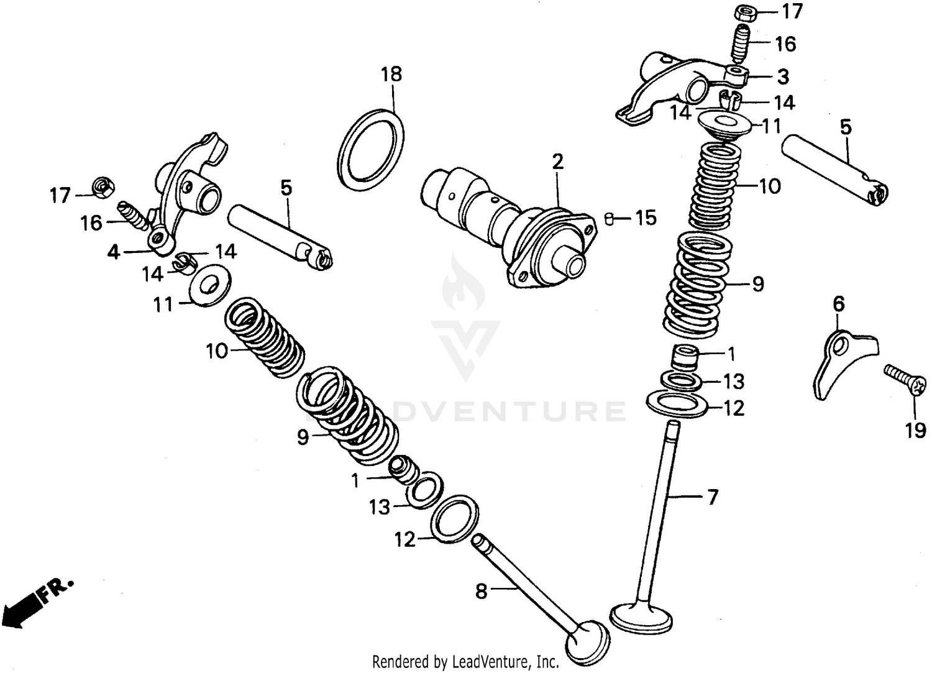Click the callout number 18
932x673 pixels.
[391, 75]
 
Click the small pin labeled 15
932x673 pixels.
[610, 218]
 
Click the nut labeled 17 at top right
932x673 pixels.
[743, 12]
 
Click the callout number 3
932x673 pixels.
[783, 76]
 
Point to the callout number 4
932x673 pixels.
[113, 253]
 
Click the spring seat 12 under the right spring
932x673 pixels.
[678, 404]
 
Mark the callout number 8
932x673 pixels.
[482, 592]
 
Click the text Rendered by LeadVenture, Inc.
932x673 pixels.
[465, 661]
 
